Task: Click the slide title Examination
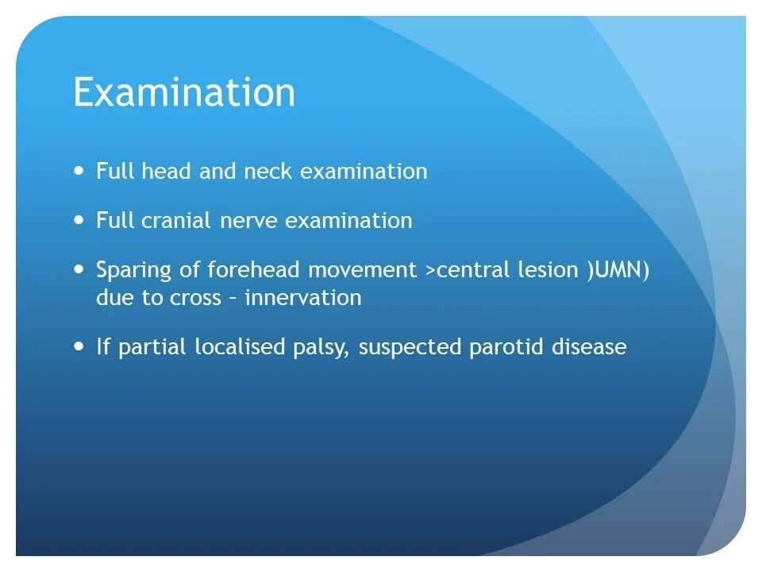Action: [x=184, y=93]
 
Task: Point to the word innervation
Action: [x=303, y=299]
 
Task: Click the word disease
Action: [x=586, y=348]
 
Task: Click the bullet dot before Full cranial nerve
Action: [x=79, y=220]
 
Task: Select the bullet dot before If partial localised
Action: [x=79, y=347]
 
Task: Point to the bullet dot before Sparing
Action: [x=79, y=269]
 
